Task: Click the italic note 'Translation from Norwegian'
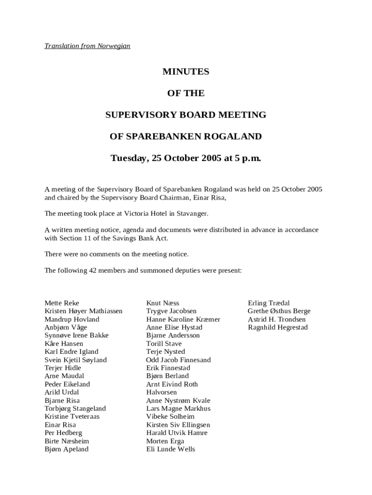point(87,46)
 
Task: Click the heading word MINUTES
point(186,72)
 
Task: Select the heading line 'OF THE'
point(186,93)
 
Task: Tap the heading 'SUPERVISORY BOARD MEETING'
point(186,115)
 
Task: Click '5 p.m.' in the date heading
point(248,158)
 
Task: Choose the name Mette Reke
point(62,303)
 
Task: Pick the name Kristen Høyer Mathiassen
point(84,311)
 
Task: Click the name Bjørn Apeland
point(67,450)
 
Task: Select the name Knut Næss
point(163,303)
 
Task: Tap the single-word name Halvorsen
point(161,393)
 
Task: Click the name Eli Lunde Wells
point(171,450)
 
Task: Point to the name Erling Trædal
point(269,303)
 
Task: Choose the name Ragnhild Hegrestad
point(278,328)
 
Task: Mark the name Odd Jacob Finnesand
point(178,360)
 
